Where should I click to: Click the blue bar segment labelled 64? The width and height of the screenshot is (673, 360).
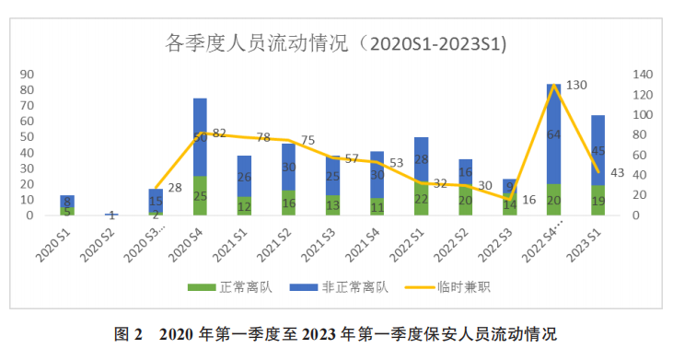[x=553, y=134]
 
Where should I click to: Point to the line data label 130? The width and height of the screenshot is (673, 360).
[x=577, y=85]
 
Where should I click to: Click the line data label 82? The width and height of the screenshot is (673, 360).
[x=219, y=134]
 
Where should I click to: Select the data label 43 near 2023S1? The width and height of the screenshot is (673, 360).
[x=617, y=173]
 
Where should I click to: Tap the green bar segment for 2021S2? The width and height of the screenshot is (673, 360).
[x=288, y=203]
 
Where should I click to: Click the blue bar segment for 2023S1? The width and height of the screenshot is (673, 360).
[x=598, y=150]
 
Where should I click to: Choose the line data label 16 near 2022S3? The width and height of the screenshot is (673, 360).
[x=528, y=200]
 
